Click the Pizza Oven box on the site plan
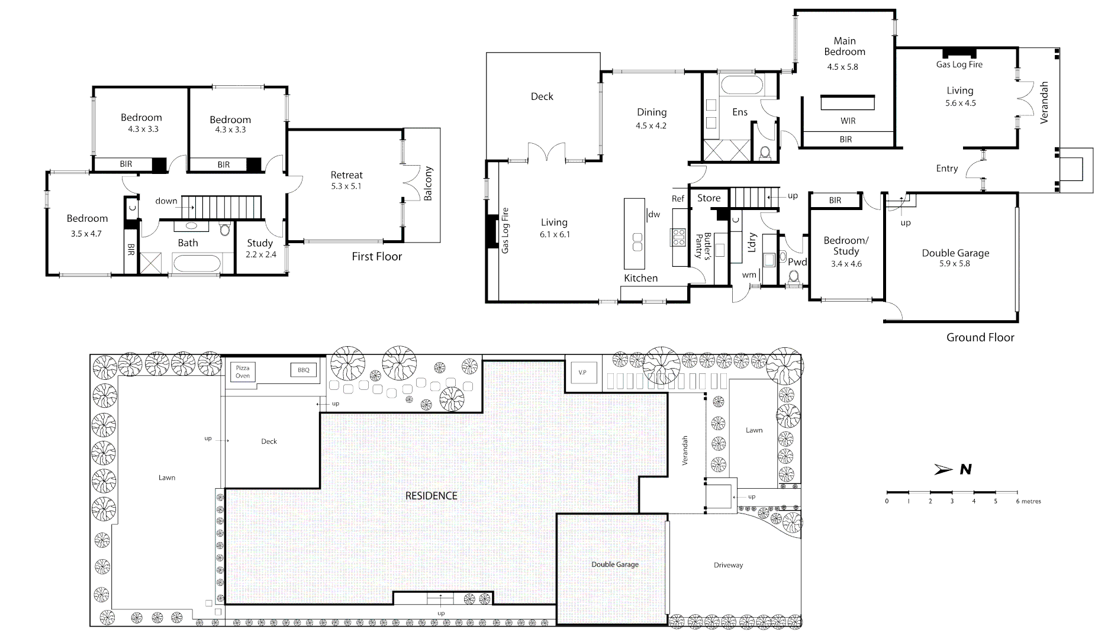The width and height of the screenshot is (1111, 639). pos(243,372)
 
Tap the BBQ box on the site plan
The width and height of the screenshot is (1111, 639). pos(303,370)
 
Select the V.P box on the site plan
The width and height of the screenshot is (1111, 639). pos(582,372)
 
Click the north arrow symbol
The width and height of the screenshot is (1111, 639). pos(943,469)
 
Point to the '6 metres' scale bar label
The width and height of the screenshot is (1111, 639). pos(1028,501)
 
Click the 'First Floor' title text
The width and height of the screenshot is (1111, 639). pos(376,256)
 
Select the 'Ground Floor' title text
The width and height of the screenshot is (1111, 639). pos(980,337)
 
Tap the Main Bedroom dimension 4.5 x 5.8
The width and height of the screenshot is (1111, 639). pos(842,67)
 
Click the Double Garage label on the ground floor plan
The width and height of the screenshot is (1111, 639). pos(955,253)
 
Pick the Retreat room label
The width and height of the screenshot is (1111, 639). pos(347,175)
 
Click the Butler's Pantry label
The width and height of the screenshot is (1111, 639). pos(703,246)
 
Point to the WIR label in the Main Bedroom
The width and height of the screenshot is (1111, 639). pos(848,121)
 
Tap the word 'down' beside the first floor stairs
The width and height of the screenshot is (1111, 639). pos(166,201)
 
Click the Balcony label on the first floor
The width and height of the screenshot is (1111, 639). pos(429,183)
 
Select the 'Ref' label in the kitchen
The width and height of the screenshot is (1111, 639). pos(678,199)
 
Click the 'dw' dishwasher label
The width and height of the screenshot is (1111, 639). pos(654,214)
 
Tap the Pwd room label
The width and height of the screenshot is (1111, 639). pos(797,262)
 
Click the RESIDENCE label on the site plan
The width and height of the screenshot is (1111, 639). pos(431,496)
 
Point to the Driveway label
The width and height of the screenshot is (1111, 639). pos(728,565)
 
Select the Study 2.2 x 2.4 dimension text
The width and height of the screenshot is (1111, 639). pos(260,254)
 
